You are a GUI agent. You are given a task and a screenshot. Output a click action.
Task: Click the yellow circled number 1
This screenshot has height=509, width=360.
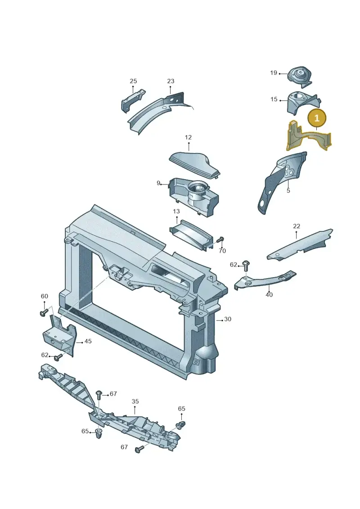(317, 118)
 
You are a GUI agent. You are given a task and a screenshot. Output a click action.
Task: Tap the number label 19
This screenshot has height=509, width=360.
(274, 73)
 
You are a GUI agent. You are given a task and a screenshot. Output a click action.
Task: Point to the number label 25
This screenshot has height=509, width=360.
(133, 81)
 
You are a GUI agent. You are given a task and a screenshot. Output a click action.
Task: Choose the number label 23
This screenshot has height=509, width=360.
(171, 81)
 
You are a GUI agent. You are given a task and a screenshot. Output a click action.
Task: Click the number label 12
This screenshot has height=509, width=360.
(188, 137)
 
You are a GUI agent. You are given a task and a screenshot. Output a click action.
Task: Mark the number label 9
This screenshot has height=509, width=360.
(159, 183)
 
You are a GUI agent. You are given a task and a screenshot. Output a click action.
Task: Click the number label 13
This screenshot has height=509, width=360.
(176, 212)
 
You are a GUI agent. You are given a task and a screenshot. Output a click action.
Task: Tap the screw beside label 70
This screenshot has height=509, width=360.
(221, 240)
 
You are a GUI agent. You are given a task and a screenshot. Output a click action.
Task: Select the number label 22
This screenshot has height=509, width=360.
(297, 226)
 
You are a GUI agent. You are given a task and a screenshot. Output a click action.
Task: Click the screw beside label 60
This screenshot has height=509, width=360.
(44, 313)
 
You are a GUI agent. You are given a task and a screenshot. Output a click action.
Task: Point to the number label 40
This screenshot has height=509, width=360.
(269, 295)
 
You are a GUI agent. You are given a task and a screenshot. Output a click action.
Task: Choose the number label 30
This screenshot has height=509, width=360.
(228, 319)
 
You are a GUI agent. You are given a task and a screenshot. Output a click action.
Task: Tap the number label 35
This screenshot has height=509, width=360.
(135, 401)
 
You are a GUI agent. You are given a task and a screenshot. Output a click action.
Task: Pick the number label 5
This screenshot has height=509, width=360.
(288, 190)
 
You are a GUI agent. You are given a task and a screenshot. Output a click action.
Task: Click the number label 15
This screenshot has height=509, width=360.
(274, 99)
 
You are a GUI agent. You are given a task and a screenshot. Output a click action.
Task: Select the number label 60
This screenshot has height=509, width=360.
(45, 296)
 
